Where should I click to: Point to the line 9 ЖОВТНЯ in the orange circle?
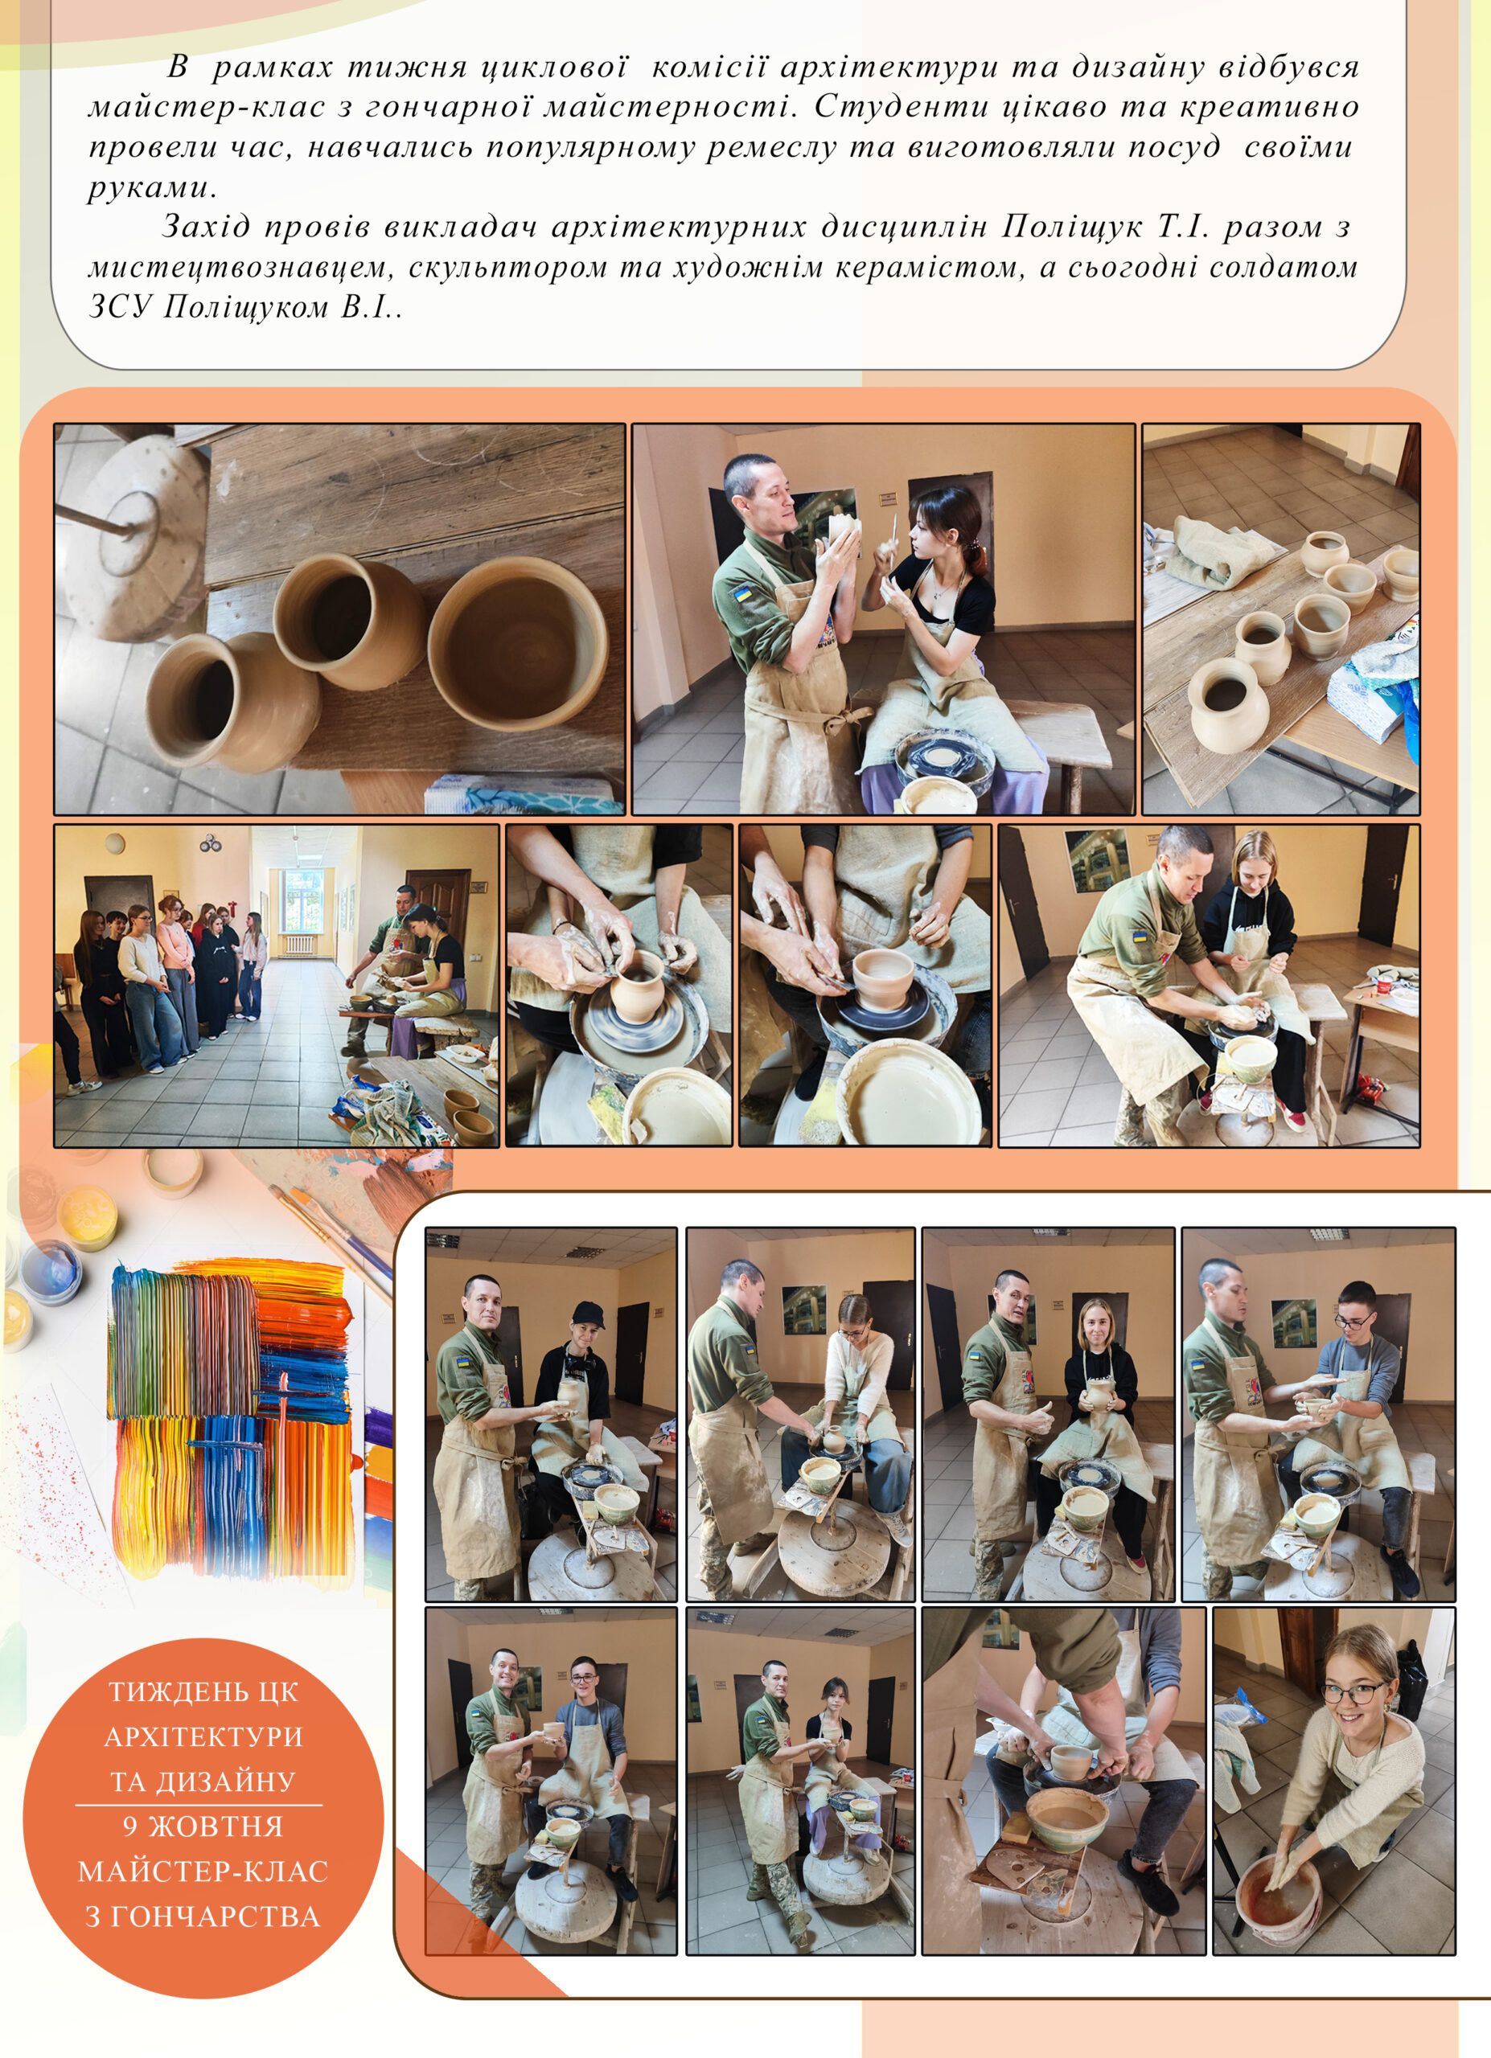tap(203, 1826)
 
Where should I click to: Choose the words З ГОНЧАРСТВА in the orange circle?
tap(203, 1917)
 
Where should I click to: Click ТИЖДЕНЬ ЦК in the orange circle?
tap(203, 1691)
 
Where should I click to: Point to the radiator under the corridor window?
tap(298, 945)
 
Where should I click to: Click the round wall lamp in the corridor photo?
tap(114, 843)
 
